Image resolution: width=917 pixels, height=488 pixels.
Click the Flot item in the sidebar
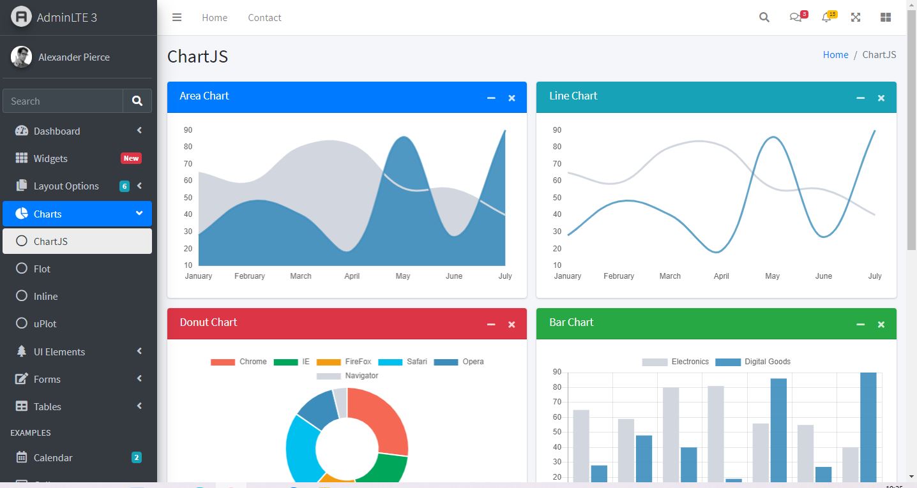coord(42,269)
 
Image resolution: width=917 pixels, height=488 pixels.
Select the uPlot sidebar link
coord(45,324)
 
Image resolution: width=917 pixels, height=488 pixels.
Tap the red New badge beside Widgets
coord(131,158)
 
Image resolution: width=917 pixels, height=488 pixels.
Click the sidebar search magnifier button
coord(137,101)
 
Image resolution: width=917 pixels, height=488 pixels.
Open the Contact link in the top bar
coord(264,18)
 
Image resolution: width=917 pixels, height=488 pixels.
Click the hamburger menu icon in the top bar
coord(177,18)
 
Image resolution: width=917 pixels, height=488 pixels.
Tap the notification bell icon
coord(826,18)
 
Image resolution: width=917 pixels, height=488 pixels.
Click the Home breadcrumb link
coord(835,55)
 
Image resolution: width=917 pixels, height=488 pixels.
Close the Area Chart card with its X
coord(512,98)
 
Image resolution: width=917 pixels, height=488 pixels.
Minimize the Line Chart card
coord(860,98)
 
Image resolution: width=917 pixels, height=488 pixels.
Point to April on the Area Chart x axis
coord(352,276)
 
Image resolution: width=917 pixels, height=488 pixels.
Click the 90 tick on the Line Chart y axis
coord(557,130)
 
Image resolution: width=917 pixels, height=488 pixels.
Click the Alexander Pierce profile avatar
coord(21,57)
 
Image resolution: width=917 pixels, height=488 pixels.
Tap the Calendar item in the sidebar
coord(53,458)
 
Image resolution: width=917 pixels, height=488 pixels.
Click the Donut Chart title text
coord(208,323)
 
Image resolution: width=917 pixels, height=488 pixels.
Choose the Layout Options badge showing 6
coord(125,186)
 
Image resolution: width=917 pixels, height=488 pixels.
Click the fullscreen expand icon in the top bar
coord(856,18)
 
